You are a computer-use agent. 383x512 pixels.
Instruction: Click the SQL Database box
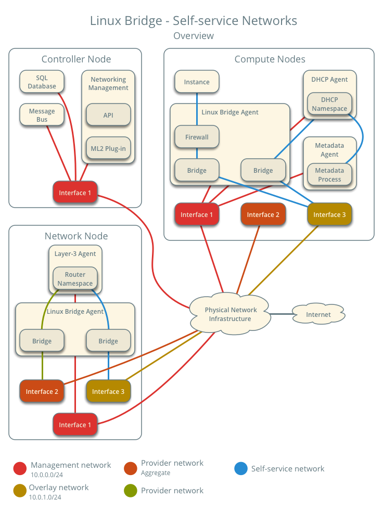pos(42,82)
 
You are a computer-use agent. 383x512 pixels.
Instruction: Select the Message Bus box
pos(42,115)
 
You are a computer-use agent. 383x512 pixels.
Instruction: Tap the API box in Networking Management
pos(108,115)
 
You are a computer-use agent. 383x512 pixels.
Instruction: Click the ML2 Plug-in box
pos(108,148)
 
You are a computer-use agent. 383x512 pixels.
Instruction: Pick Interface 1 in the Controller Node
pos(75,193)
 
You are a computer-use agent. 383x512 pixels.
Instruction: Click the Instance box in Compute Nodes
pos(197,82)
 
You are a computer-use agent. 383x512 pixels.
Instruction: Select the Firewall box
pos(197,137)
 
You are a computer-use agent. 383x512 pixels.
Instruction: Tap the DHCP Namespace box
pos(329,104)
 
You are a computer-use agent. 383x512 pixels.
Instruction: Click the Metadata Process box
pos(329,175)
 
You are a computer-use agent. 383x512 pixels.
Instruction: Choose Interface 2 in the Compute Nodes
pos(263,214)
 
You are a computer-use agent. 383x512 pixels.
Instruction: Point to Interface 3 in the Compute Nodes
pos(329,214)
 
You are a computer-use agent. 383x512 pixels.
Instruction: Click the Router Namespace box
pos(75,279)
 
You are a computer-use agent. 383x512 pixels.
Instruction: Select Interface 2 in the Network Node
pos(42,391)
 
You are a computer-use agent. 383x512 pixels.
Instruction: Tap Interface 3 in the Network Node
pos(108,391)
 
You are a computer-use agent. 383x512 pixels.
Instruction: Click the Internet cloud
pos(318,314)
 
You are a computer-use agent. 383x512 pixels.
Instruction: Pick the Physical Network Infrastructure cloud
pos(230,314)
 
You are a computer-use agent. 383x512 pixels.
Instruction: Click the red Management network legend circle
pos(20,469)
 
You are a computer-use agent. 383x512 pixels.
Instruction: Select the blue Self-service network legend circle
pos(240,469)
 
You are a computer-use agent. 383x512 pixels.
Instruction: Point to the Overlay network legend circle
pos(20,491)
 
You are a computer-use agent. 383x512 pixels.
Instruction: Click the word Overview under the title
pos(193,36)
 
